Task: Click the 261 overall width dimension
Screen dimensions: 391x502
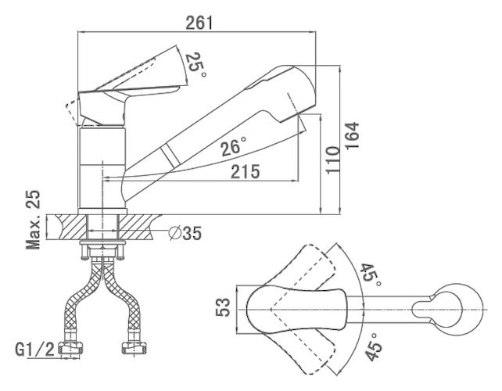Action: (x=199, y=23)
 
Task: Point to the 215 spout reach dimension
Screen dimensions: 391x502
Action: (x=246, y=173)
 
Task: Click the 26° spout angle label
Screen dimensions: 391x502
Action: (x=232, y=146)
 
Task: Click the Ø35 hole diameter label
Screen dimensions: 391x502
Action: (x=186, y=232)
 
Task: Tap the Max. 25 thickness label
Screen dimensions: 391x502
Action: (x=33, y=220)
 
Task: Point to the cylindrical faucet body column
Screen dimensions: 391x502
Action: (x=103, y=168)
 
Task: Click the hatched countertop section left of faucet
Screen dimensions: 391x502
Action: (x=67, y=228)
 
